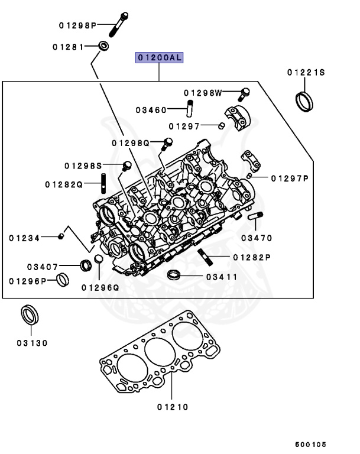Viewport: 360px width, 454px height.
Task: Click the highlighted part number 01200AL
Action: click(160, 57)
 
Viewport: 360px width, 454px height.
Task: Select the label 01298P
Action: click(77, 25)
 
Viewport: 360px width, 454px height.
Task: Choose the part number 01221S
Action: click(306, 73)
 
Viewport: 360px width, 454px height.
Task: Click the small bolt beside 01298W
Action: click(245, 92)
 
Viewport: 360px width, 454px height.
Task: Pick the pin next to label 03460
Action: click(191, 109)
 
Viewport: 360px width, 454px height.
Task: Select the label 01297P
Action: click(290, 178)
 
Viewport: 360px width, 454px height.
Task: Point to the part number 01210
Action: click(173, 407)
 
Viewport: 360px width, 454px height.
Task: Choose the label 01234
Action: click(24, 238)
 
